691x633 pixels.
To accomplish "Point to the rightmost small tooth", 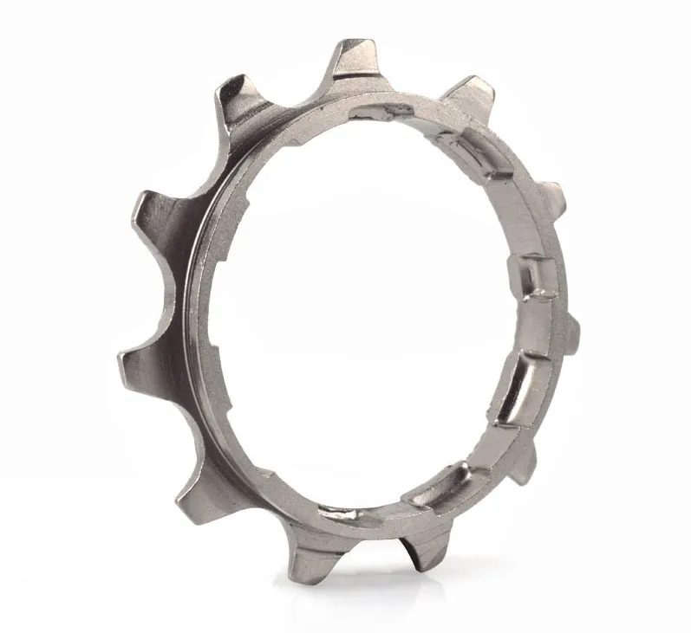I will pyautogui.click(x=568, y=326).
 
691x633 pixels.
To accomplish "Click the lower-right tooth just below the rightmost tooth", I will pyautogui.click(x=525, y=460).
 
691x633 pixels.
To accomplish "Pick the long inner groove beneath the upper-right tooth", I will pyautogui.click(x=473, y=152).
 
